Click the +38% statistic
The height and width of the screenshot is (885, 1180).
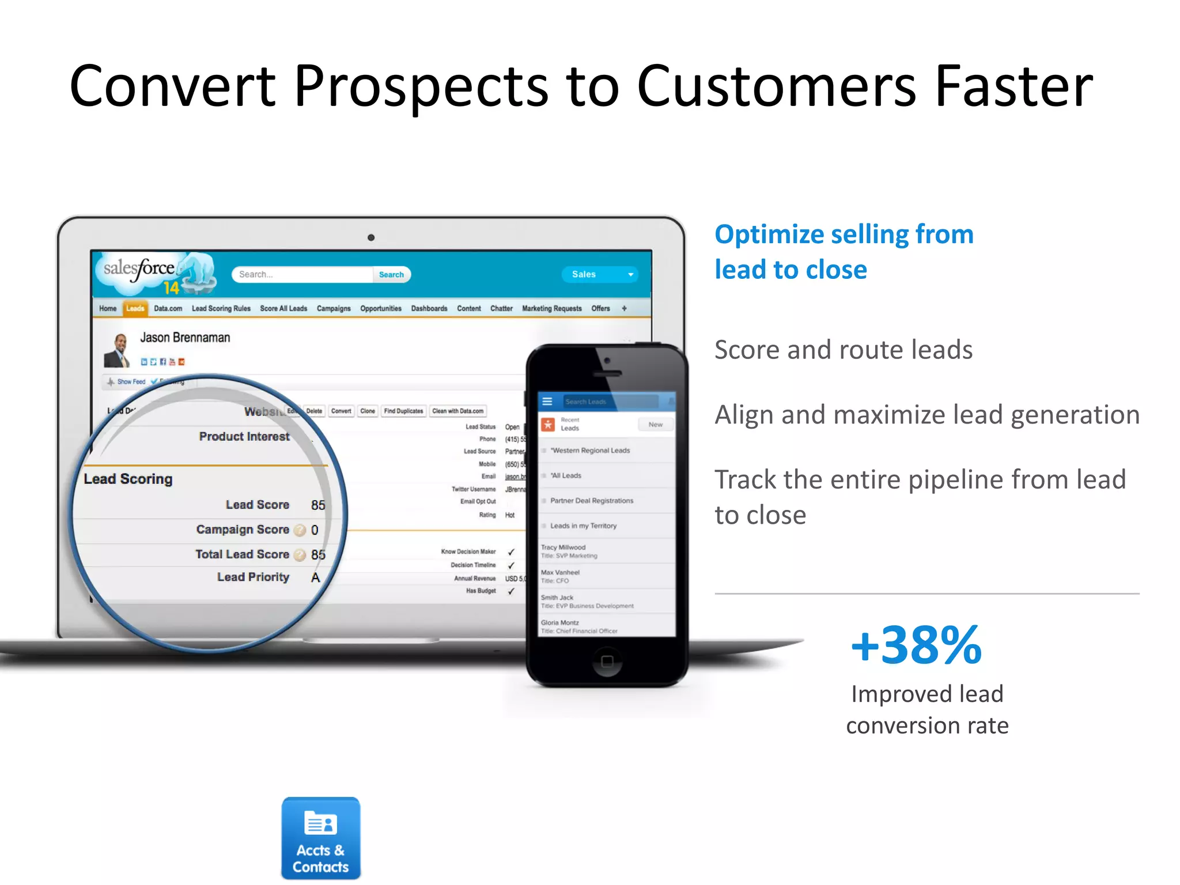click(916, 645)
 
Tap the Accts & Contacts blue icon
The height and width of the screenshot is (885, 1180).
click(321, 838)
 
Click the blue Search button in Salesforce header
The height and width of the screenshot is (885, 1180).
click(391, 275)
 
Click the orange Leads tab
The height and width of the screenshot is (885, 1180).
click(135, 309)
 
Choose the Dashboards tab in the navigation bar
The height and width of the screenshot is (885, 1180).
click(429, 309)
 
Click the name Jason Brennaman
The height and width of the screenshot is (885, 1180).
click(185, 338)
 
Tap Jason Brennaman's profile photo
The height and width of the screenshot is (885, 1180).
click(118, 350)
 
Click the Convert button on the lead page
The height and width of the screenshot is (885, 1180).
click(341, 411)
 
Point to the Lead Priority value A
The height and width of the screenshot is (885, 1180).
click(315, 577)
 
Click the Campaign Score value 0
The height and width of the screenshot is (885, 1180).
click(315, 530)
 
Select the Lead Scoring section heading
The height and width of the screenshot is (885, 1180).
click(128, 479)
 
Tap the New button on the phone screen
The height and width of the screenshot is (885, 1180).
click(655, 425)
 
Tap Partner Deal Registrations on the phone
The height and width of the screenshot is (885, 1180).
click(592, 501)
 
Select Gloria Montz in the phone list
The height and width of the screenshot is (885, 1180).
click(560, 623)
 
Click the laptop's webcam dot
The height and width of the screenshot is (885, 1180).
click(371, 237)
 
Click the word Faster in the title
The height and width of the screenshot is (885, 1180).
click(1013, 86)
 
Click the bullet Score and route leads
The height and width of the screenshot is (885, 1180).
click(844, 350)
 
